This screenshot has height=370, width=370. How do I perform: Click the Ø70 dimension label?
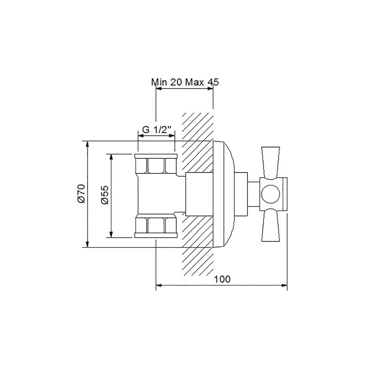80,193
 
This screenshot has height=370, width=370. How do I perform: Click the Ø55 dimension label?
105,195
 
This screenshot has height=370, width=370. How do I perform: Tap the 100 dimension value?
222,279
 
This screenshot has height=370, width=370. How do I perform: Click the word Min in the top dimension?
159,82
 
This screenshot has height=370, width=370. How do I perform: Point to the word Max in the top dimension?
194,82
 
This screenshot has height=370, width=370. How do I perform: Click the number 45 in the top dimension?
213,82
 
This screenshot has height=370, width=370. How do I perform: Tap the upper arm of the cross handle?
271,163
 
